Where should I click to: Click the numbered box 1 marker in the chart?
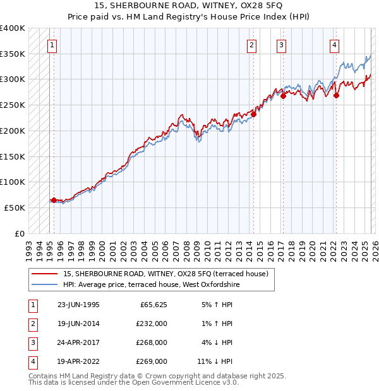[51, 45]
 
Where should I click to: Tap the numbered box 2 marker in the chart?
[251, 45]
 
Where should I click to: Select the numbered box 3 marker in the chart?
[281, 45]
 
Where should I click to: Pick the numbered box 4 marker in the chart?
[334, 45]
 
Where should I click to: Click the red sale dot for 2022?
[336, 96]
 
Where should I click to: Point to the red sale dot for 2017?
[284, 96]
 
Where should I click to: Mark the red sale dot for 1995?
[54, 200]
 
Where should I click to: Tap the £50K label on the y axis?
[15, 207]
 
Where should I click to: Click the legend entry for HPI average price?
[151, 285]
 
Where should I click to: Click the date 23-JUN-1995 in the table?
[78, 305]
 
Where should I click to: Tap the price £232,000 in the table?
[152, 324]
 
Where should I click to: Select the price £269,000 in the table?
[152, 361]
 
